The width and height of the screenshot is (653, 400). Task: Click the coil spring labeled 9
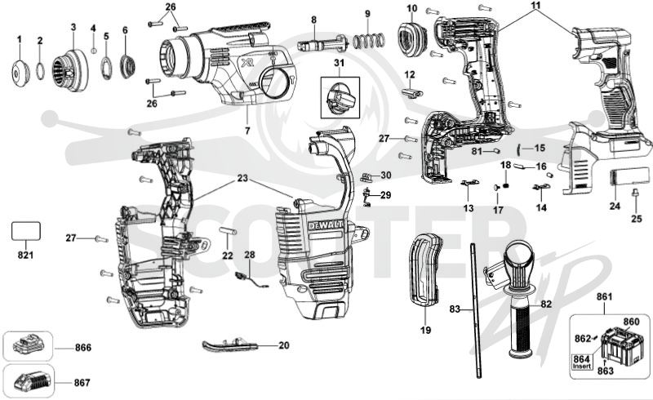point(369,42)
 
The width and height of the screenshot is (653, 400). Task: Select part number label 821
point(25,255)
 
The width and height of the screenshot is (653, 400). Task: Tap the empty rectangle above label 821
point(25,231)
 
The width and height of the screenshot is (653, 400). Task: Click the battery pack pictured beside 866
point(29,345)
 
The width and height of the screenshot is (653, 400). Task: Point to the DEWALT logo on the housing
point(325,225)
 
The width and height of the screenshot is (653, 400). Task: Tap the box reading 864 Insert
point(582,362)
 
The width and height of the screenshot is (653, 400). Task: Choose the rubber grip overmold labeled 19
point(424,269)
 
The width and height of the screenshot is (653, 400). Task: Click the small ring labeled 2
point(40,70)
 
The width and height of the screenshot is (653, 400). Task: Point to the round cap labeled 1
point(20,73)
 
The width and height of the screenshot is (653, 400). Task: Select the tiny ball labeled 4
point(94,51)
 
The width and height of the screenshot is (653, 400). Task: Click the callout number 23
point(242,178)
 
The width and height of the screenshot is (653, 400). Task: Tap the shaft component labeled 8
point(322,43)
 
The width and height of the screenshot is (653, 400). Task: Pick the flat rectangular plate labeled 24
point(629,176)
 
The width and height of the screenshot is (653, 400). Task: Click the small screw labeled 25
point(636,193)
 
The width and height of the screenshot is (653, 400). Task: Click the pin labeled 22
point(228,230)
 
